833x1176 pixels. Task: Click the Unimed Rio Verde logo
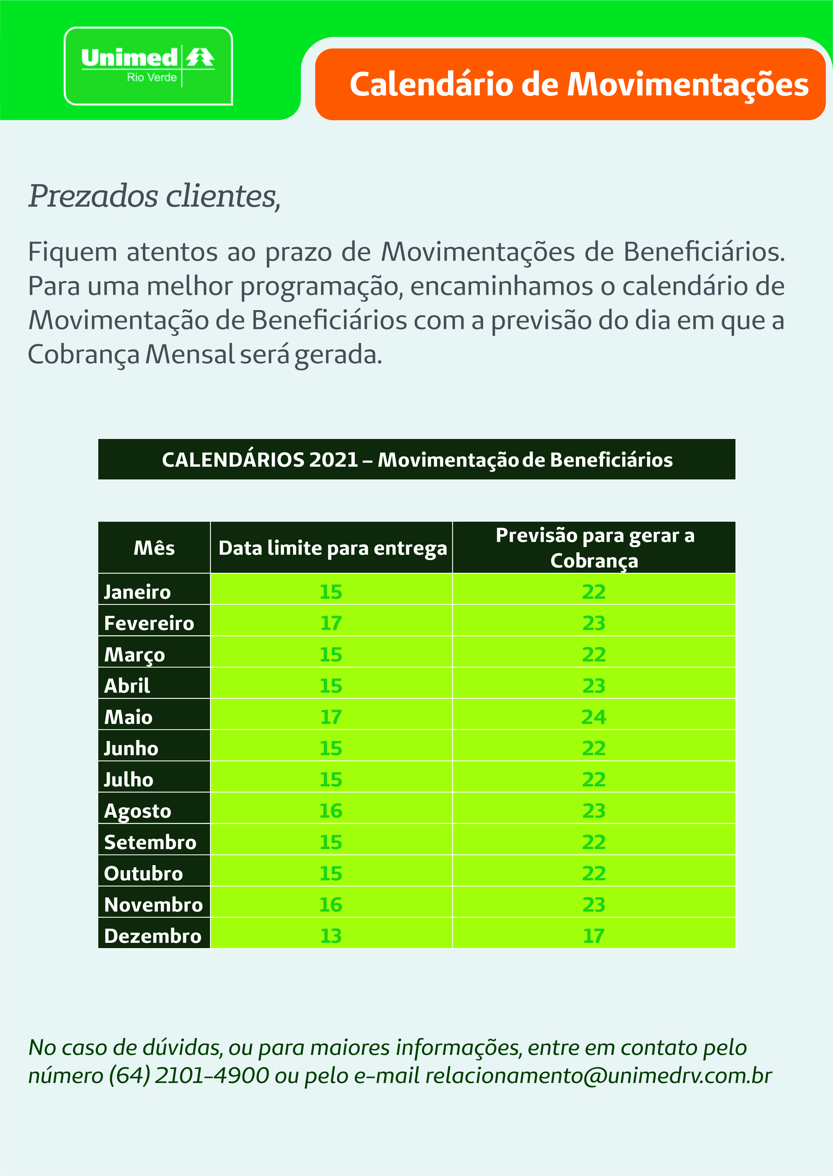click(148, 66)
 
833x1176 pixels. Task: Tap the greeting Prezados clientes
click(154, 196)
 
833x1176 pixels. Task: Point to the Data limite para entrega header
click(332, 548)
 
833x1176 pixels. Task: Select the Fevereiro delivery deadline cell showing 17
click(331, 623)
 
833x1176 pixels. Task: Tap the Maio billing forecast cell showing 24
click(594, 717)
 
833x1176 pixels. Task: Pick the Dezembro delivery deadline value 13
click(331, 936)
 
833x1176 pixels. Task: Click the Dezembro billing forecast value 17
click(594, 936)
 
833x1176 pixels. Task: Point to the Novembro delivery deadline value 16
click(331, 905)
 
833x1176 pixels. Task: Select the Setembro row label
click(150, 842)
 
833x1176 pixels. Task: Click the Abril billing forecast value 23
click(594, 686)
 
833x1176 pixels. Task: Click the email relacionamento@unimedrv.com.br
click(598, 1075)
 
